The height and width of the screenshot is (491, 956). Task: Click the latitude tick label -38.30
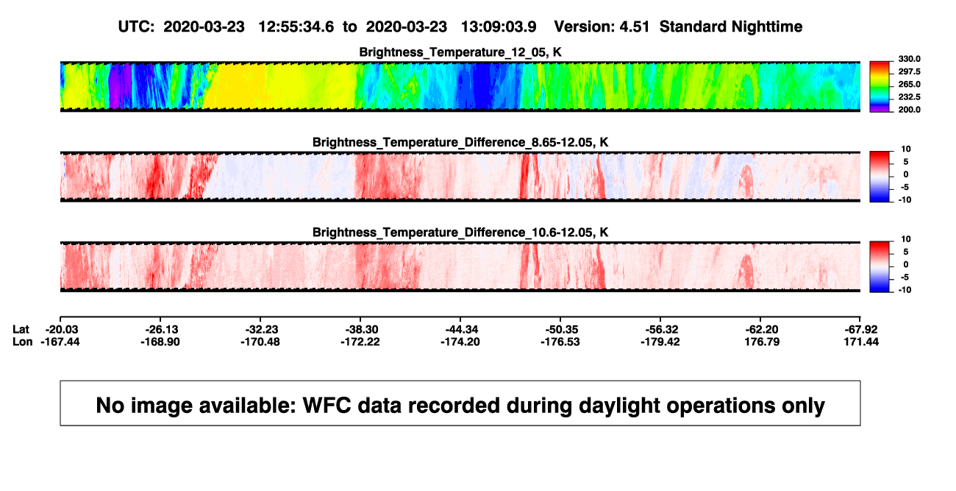[x=360, y=330]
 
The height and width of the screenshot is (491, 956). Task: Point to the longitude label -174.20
[x=460, y=342]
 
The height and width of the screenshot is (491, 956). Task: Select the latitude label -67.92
[x=860, y=330]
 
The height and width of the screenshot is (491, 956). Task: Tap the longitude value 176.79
[x=762, y=342]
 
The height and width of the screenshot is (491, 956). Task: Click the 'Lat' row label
[x=21, y=330]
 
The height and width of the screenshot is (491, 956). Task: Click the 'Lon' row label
[x=22, y=342]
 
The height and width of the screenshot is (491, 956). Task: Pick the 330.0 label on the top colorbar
[x=909, y=59]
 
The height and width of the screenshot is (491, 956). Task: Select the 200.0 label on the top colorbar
[x=909, y=110]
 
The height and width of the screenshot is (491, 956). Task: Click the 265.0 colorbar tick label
[x=909, y=84]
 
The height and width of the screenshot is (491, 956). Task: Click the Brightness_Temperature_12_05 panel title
[x=460, y=52]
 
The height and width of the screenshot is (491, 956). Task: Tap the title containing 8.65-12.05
[x=460, y=142]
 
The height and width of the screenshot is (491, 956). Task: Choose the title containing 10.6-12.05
[x=460, y=233]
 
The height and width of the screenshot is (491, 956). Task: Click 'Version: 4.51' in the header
[x=602, y=27]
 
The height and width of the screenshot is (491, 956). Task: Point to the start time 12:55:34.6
[x=296, y=27]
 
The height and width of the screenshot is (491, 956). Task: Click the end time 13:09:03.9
[x=499, y=27]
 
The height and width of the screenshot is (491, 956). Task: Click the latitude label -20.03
[x=60, y=330]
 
